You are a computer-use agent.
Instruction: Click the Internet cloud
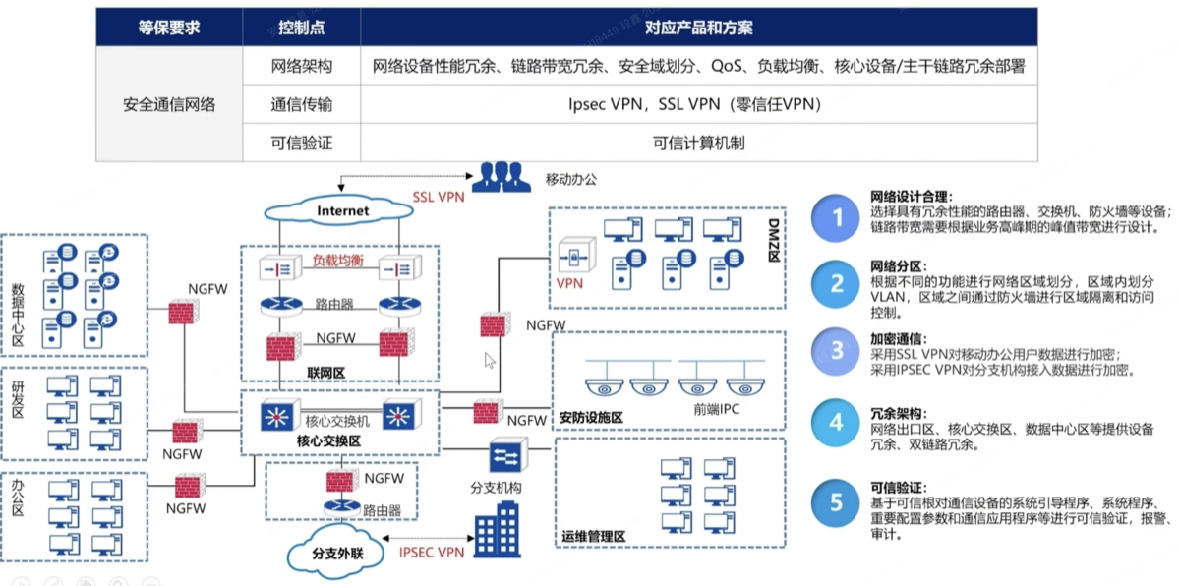pyautogui.click(x=338, y=210)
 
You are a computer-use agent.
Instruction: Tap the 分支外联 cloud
pyautogui.click(x=336, y=552)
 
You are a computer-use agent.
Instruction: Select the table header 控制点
pyautogui.click(x=301, y=28)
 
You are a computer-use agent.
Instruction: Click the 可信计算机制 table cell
pyautogui.click(x=698, y=143)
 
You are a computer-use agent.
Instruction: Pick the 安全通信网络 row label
pyautogui.click(x=169, y=104)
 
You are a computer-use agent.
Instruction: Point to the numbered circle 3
pyautogui.click(x=836, y=351)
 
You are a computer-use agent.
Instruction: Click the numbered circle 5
pyautogui.click(x=836, y=502)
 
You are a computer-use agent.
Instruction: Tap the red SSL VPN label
pyautogui.click(x=439, y=197)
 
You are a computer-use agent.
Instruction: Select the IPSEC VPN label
pyautogui.click(x=432, y=552)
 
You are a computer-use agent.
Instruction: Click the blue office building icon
pyautogui.click(x=498, y=529)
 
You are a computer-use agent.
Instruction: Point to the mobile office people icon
pyautogui.click(x=501, y=177)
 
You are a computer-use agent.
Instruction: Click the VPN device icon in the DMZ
pyautogui.click(x=576, y=255)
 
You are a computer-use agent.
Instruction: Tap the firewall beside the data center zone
pyautogui.click(x=183, y=312)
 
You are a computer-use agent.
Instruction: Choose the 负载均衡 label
pyautogui.click(x=337, y=261)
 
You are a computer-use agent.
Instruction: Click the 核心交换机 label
pyautogui.click(x=337, y=421)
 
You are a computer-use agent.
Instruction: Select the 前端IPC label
pyautogui.click(x=716, y=409)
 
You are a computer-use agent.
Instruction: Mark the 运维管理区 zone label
pyautogui.click(x=593, y=536)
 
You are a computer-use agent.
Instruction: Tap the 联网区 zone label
pyautogui.click(x=326, y=373)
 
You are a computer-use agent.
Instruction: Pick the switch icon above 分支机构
pyautogui.click(x=507, y=455)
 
